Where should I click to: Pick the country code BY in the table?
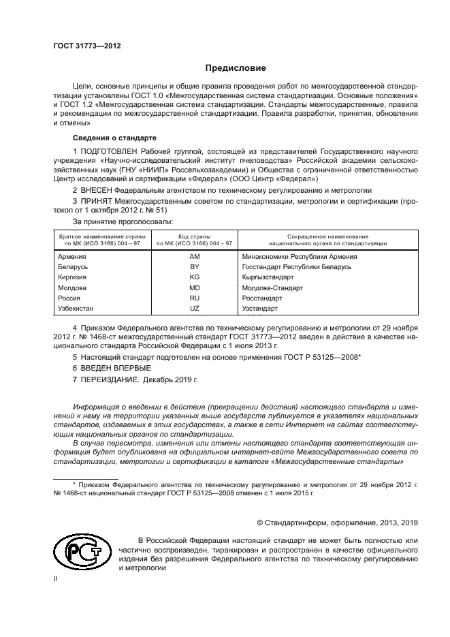195,267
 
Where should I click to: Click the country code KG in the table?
195,277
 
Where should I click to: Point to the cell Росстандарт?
261,298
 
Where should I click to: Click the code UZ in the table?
195,309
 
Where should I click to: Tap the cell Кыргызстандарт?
268,277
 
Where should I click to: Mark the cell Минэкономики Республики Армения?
300,257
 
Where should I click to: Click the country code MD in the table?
195,288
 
